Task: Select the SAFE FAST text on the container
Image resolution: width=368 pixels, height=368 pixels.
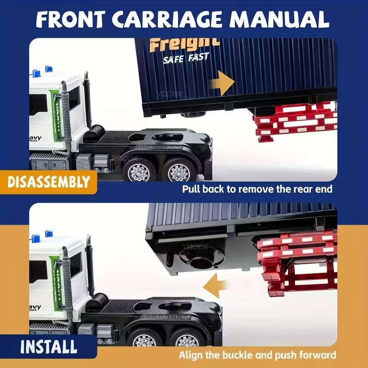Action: tap(186, 58)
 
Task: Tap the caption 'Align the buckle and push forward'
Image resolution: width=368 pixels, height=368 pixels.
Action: tap(257, 355)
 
